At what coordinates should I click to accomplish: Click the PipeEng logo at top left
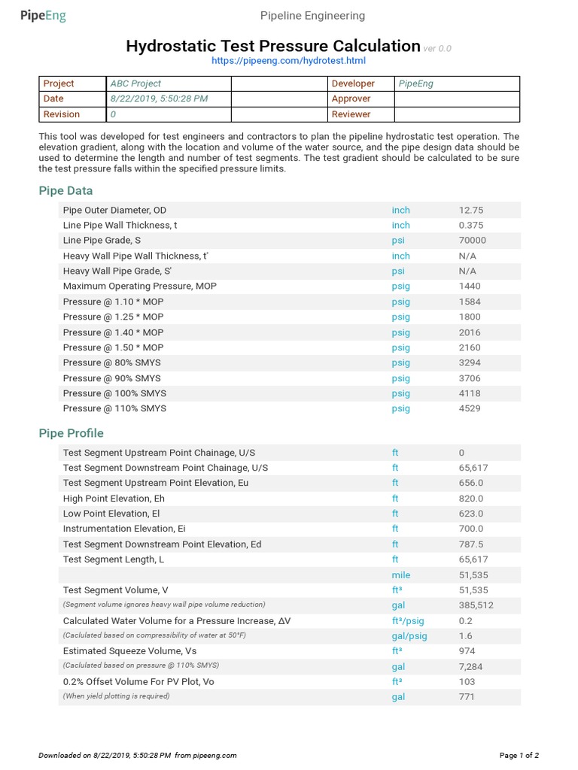tap(44, 16)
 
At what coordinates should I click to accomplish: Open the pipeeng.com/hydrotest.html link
tap(289, 60)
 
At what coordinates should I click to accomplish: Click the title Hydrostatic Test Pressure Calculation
tap(272, 46)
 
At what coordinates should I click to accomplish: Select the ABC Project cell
tap(135, 83)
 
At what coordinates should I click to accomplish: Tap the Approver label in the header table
tap(351, 99)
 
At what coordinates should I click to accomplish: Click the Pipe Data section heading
tap(66, 191)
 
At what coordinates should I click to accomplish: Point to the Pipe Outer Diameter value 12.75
tap(472, 211)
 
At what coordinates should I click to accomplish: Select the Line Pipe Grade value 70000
tap(473, 241)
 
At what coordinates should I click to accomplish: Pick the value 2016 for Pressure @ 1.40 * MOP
tap(470, 332)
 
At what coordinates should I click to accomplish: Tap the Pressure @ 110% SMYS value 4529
tap(470, 408)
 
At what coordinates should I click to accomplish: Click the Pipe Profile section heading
tap(71, 433)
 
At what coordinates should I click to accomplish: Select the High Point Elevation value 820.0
tap(471, 499)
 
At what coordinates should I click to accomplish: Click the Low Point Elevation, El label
tap(111, 514)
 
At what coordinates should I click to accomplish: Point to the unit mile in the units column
tap(401, 575)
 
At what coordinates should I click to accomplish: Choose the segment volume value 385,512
tap(476, 605)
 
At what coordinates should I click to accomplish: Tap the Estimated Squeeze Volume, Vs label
tap(130, 651)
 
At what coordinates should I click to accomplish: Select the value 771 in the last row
tap(467, 697)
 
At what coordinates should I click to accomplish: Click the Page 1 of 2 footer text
tap(519, 755)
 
